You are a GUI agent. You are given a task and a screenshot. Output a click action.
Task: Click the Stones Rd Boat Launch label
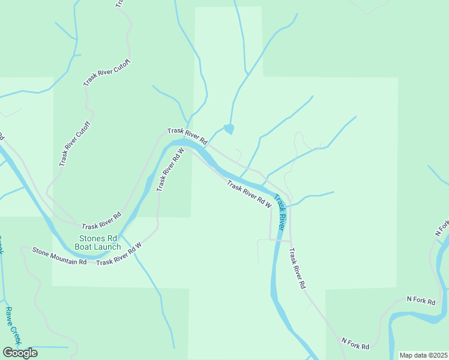pyautogui.click(x=98, y=242)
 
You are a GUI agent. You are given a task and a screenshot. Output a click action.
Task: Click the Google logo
pyautogui.click(x=20, y=353)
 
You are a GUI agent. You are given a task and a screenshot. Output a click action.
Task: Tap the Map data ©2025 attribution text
pyautogui.click(x=424, y=355)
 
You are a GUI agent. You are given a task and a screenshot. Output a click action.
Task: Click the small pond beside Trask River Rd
pyautogui.click(x=229, y=128)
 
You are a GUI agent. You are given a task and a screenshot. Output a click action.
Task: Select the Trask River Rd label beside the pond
pyautogui.click(x=187, y=136)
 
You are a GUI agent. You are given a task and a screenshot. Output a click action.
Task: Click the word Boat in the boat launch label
pyautogui.click(x=86, y=247)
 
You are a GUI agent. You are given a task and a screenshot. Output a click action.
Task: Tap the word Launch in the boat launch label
pyautogui.click(x=109, y=247)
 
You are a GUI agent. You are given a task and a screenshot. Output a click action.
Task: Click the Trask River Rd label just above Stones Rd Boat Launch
pyautogui.click(x=101, y=221)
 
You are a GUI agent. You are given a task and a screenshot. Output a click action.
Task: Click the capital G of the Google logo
pyautogui.click(x=8, y=353)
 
